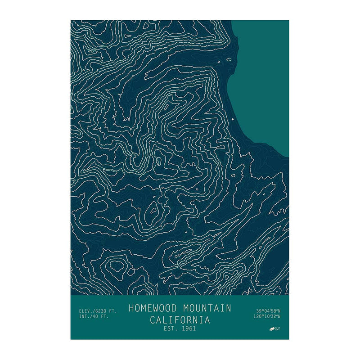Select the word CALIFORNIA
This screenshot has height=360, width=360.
(180, 320)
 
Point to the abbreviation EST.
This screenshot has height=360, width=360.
(171, 328)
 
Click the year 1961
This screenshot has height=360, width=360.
(189, 328)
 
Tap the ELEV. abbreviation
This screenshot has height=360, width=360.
(86, 311)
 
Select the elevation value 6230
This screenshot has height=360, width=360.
(102, 311)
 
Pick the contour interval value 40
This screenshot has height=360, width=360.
(97, 316)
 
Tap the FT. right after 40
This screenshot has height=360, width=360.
(105, 316)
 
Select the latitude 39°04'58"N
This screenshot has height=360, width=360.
(268, 310)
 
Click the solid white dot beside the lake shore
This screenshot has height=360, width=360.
(233, 119)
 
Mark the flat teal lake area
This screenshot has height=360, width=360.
(263, 81)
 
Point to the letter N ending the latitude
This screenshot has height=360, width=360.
(279, 310)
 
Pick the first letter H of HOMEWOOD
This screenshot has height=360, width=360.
(131, 308)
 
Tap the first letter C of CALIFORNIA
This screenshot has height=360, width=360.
(153, 320)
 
